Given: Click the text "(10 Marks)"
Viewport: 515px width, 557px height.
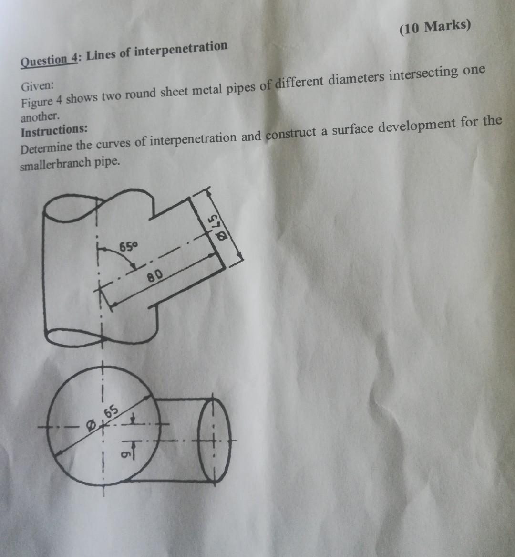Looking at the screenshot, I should (x=435, y=28).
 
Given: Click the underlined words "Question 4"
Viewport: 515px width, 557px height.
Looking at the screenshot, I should (x=49, y=60).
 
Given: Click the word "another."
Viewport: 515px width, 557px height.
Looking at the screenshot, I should (x=41, y=116).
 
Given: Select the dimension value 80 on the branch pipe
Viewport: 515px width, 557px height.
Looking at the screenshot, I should (x=158, y=275).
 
